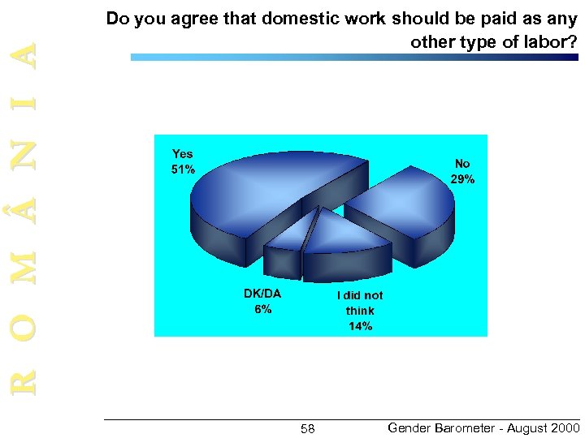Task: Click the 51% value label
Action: tap(183, 170)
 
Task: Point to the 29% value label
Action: tap(462, 179)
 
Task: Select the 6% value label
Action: tap(262, 309)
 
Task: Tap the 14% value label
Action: tap(360, 326)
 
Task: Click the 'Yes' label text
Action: tap(183, 153)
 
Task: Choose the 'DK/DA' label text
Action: tap(262, 294)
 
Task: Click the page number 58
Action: tap(307, 428)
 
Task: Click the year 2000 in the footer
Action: tap(564, 427)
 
